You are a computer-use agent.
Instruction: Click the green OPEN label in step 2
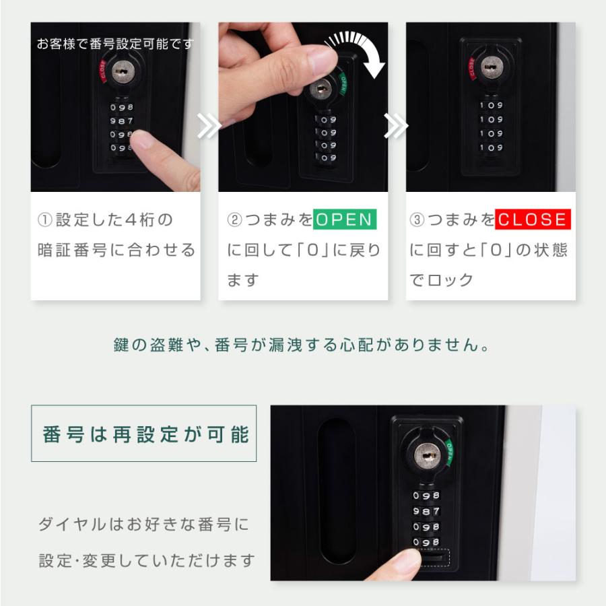point(345,220)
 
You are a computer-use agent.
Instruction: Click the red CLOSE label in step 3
point(533,220)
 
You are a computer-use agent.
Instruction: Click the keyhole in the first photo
point(122,71)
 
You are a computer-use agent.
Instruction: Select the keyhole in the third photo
point(491,66)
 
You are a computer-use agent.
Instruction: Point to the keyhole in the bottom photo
point(426,455)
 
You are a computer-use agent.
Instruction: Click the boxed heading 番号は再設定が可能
point(144,434)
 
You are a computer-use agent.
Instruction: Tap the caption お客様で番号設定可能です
point(114,44)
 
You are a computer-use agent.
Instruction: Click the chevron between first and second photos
point(209,126)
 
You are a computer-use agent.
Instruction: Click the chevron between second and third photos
point(397,126)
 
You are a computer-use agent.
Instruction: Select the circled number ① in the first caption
point(45,220)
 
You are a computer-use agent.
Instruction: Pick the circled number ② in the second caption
point(233,220)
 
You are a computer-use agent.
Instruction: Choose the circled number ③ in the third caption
point(417,220)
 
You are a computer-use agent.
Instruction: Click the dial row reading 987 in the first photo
point(122,121)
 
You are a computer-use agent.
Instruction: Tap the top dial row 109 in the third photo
point(491,105)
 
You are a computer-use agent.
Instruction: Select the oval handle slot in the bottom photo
point(337,491)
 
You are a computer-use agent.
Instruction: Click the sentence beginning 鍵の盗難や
point(302,346)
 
